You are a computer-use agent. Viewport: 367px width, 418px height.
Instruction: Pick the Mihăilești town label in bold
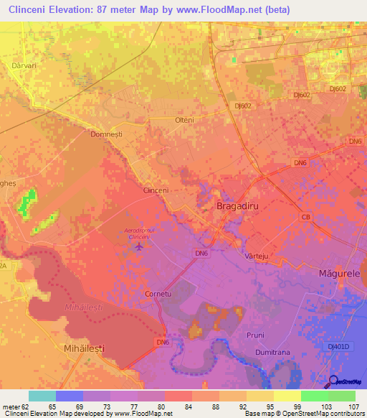coord(80,348)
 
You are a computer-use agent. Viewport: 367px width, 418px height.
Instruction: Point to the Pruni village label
coord(254,335)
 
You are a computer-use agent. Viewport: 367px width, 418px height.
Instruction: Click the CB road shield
coord(306,216)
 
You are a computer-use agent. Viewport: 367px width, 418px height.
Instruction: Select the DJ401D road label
coord(344,346)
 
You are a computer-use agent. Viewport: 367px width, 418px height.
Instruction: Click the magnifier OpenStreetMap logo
coord(334,381)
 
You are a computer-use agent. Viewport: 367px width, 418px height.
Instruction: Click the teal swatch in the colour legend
coord(42,396)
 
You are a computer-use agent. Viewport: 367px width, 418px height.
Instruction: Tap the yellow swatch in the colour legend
coord(287,396)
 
